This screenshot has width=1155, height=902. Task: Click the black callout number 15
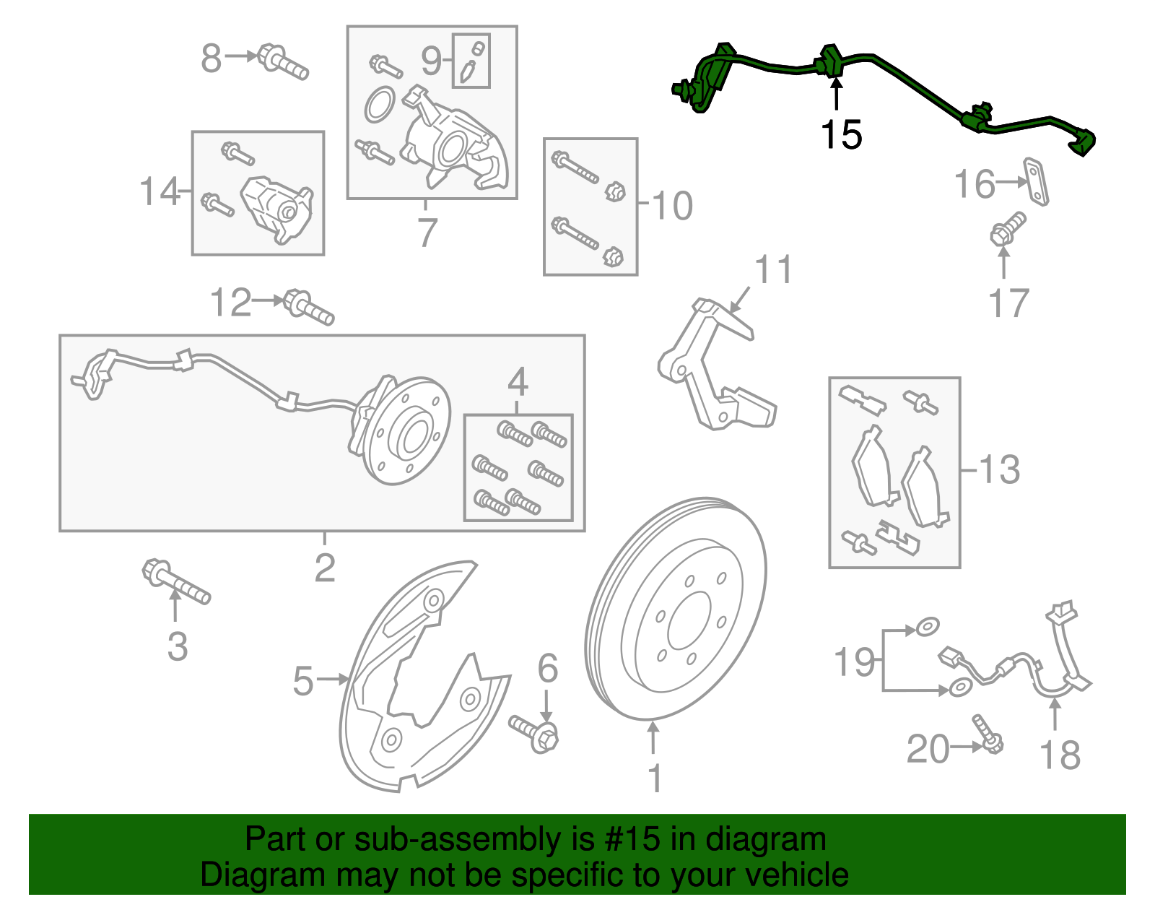[841, 135]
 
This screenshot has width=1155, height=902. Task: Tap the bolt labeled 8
[282, 61]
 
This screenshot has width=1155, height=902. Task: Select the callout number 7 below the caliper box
[427, 233]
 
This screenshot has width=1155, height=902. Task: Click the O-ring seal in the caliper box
[380, 105]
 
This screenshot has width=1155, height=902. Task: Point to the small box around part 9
[471, 61]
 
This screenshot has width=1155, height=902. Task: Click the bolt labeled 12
[308, 308]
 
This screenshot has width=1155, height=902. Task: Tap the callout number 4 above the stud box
[518, 381]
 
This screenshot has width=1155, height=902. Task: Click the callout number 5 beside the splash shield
[303, 681]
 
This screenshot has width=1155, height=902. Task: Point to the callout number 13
[1000, 470]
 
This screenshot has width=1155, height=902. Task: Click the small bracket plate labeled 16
[1037, 182]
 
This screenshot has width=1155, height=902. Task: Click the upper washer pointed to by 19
[928, 626]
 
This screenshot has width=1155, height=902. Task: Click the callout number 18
[1059, 755]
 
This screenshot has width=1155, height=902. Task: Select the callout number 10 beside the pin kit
[671, 206]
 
